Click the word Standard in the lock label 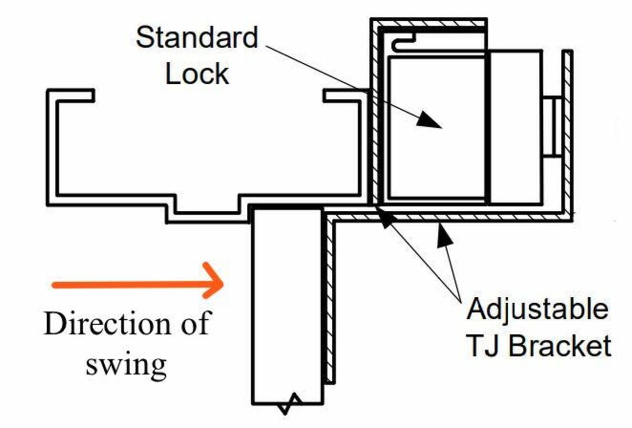pyautogui.click(x=197, y=38)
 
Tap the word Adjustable pyautogui.click(x=537, y=310)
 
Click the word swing pyautogui.click(x=126, y=363)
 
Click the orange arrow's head pyautogui.click(x=216, y=285)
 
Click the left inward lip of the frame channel pyautogui.click(x=74, y=95)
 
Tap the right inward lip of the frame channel pyautogui.click(x=342, y=95)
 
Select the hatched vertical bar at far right pyautogui.click(x=567, y=132)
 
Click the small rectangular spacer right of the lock pyautogui.click(x=552, y=127)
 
